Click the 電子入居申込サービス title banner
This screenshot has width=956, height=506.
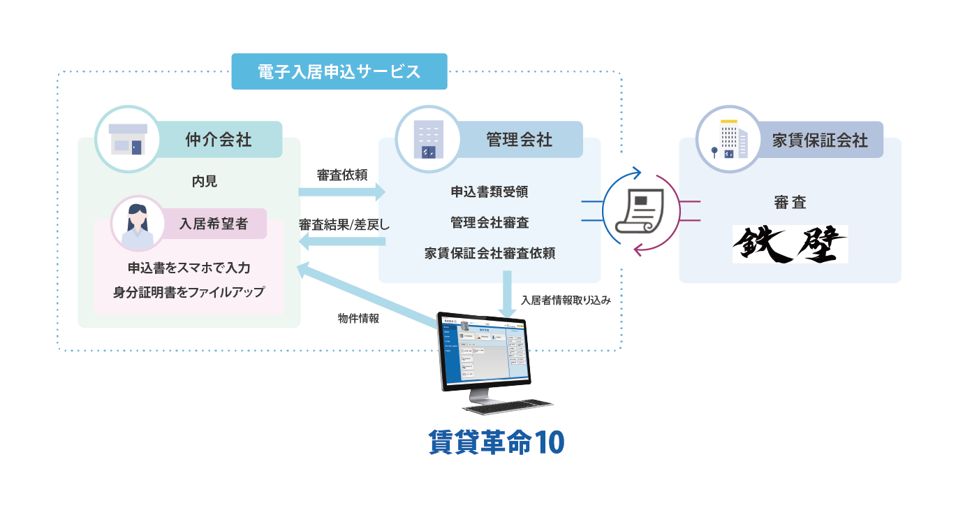[339, 71]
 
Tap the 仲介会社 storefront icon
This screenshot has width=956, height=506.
[128, 138]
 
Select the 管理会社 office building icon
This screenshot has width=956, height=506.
[428, 138]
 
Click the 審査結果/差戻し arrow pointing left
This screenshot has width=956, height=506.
[341, 242]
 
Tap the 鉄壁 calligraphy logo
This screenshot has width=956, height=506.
[790, 244]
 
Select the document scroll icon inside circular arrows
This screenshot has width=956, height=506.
[641, 210]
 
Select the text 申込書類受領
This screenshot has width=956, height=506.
[490, 191]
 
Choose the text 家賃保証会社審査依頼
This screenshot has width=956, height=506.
[490, 253]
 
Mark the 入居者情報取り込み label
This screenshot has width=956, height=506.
[566, 301]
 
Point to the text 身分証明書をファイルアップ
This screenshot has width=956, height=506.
[189, 292]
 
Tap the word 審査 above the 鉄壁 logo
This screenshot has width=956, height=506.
[790, 203]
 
